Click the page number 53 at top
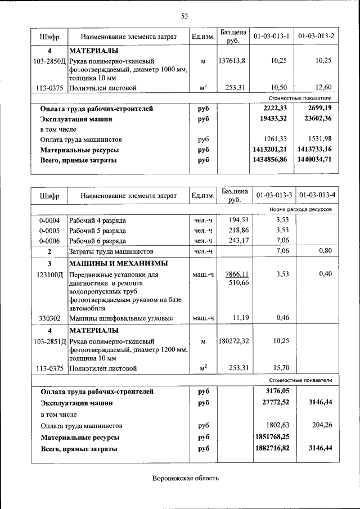184,15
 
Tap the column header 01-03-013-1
272,37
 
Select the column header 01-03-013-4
317,195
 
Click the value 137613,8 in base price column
232,60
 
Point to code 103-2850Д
49,60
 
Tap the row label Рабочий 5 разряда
94,230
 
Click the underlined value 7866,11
236,274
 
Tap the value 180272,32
232,341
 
